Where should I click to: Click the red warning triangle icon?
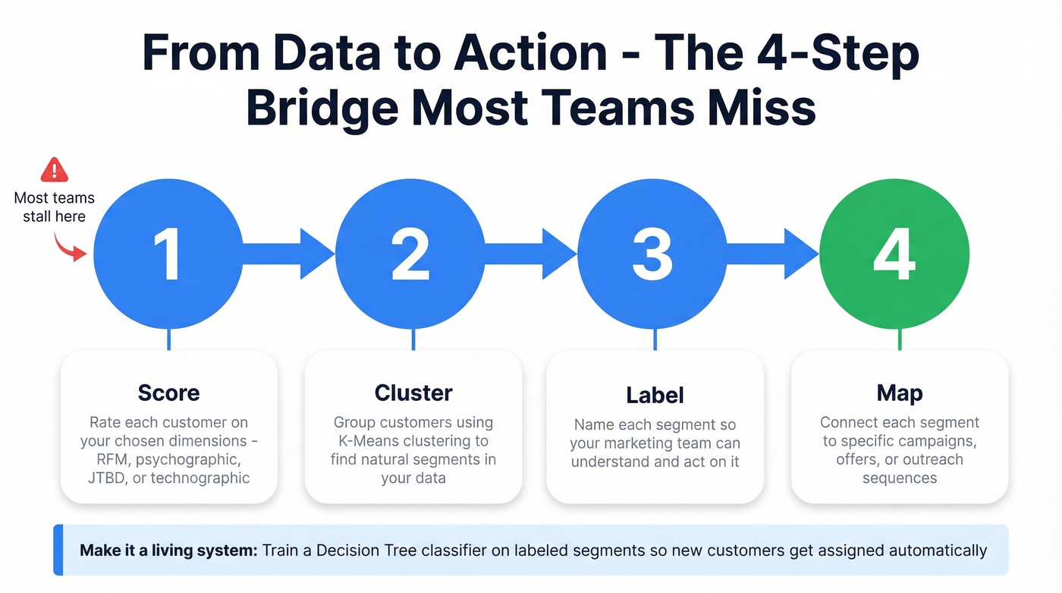tap(54, 169)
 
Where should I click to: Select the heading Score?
tap(168, 393)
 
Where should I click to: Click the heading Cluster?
tap(413, 393)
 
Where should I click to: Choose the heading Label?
tap(655, 396)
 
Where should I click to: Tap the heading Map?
tap(899, 393)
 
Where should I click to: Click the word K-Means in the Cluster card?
tap(366, 441)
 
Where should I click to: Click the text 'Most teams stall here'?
tap(54, 207)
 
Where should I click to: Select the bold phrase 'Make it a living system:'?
tap(168, 550)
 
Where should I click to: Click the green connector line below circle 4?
tap(899, 339)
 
